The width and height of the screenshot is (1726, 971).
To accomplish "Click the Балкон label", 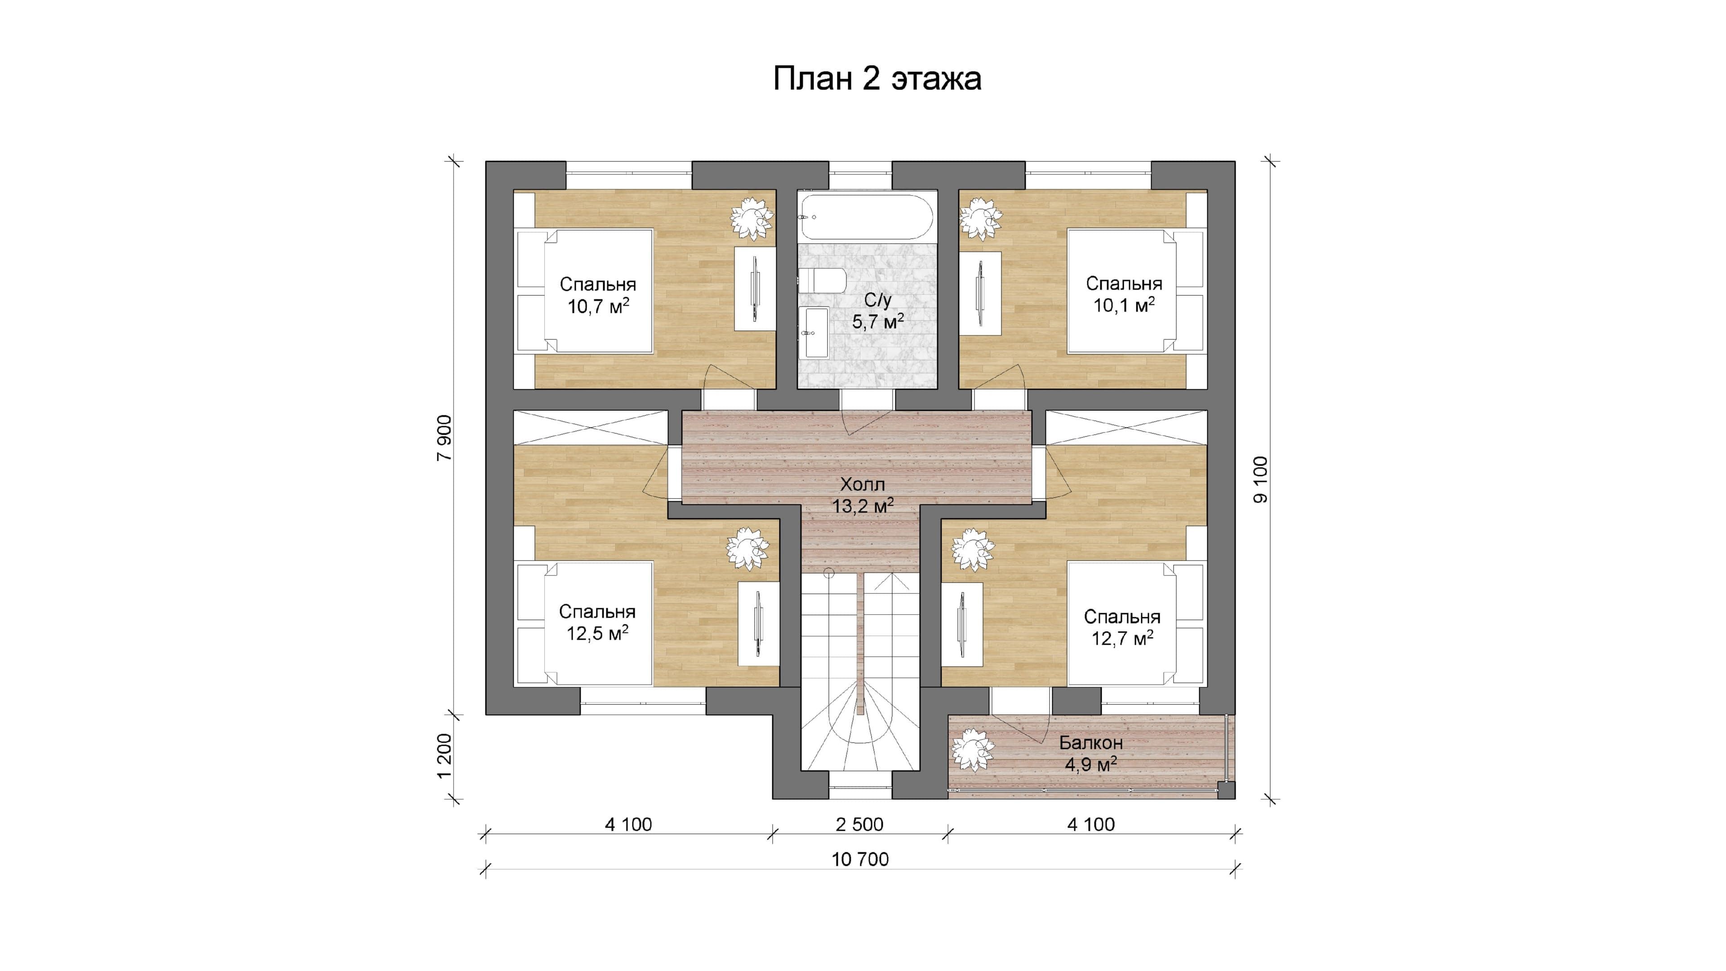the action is coord(1091,743).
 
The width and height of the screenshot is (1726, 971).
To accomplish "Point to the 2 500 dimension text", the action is coord(860,825).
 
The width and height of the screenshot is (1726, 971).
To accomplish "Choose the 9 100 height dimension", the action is coord(1260,480).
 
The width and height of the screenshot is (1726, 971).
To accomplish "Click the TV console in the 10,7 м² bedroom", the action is coord(755,289).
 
